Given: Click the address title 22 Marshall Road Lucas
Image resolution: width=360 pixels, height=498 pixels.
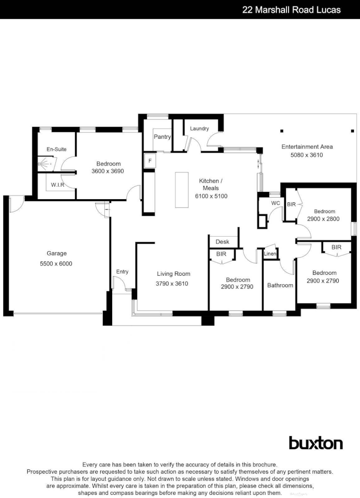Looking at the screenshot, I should pos(291,10).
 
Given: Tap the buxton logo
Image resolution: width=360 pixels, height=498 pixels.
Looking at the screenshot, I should pos(316,443).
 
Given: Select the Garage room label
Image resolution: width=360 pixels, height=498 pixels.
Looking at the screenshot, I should pos(56,253).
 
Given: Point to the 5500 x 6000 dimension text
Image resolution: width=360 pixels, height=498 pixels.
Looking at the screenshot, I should pos(56,264).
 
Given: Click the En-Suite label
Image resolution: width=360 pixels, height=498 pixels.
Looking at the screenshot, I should pos(56,149).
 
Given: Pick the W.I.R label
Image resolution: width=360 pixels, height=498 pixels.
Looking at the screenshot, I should pos(58,185).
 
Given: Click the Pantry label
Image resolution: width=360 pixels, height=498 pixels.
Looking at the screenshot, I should pos(162,137).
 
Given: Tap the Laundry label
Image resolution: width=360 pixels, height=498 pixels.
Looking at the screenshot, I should pos(199,129).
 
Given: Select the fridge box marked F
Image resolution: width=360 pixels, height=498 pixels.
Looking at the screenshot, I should pos(149,161).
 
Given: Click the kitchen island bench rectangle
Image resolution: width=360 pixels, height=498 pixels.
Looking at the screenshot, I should pos(182,190).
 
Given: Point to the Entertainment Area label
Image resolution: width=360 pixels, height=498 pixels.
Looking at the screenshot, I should pos(307,147).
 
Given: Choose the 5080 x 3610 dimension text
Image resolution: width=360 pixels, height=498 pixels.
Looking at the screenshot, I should pos(307,155).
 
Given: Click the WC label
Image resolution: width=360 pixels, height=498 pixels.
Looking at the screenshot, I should pos(276,203).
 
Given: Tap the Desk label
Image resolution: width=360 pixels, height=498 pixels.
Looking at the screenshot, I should pos(222,242).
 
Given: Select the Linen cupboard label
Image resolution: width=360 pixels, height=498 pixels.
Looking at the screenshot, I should pos(270,254).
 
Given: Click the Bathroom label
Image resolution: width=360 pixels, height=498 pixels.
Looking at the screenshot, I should pos(280,285).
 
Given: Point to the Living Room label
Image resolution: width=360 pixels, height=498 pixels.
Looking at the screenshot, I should pos(173,274).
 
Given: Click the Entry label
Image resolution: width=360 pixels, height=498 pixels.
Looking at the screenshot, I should pos(122,272).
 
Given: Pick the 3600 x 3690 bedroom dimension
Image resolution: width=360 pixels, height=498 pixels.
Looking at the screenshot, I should pos(108,171).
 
